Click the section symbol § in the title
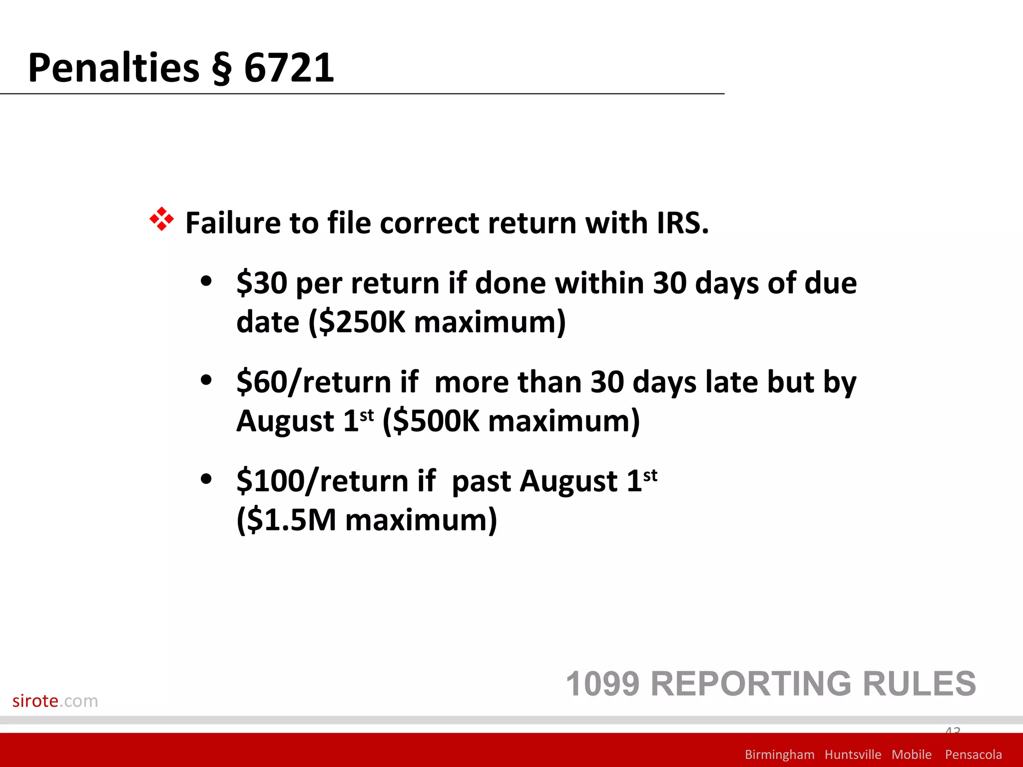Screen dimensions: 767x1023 [222, 68]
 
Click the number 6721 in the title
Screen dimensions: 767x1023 [289, 68]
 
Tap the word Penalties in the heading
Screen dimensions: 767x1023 [114, 68]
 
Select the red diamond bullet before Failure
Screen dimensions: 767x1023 [161, 219]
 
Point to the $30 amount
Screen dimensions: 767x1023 [262, 283]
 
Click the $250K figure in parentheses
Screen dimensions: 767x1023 [362, 322]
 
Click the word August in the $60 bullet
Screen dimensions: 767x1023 [285, 421]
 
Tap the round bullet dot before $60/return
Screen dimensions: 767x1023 [206, 381]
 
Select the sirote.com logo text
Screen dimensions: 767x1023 [55, 701]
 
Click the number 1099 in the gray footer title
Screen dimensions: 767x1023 [602, 684]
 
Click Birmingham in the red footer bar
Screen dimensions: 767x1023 [779, 754]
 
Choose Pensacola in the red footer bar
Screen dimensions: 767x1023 [973, 754]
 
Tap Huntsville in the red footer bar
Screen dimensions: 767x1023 [853, 754]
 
